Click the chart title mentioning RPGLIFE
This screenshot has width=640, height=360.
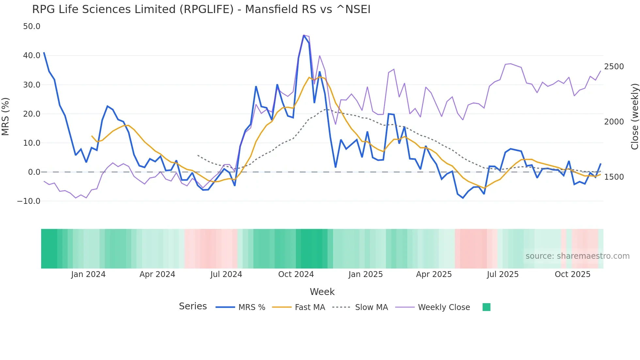(x=201, y=9)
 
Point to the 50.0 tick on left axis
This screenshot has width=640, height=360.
(x=32, y=26)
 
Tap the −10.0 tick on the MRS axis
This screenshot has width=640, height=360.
(x=29, y=201)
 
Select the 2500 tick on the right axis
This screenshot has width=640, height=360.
(x=614, y=67)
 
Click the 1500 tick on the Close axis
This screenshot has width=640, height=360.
(x=614, y=177)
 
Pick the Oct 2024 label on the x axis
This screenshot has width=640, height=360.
(x=296, y=274)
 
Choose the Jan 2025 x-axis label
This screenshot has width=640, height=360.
(x=365, y=274)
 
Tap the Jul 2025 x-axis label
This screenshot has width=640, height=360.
(x=503, y=274)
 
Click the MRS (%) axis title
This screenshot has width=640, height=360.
(x=6, y=116)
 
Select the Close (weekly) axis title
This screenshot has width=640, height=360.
(x=634, y=116)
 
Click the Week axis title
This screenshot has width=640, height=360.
(x=322, y=292)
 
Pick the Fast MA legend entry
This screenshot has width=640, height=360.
(x=310, y=307)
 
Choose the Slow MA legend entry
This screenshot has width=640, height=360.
(x=371, y=307)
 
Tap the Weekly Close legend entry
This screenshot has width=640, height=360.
(x=444, y=307)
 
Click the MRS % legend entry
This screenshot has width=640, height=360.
(x=251, y=307)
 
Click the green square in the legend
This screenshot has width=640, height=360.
(x=486, y=307)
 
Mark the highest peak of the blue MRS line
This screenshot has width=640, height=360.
(x=304, y=35)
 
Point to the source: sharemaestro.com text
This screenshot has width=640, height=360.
(x=577, y=256)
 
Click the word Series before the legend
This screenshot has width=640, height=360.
(x=193, y=306)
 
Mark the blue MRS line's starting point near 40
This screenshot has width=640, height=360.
(x=44, y=53)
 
